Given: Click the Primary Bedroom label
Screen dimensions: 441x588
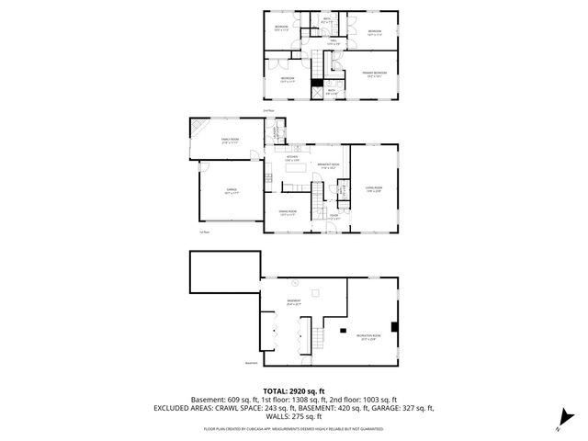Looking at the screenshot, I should click(x=373, y=73).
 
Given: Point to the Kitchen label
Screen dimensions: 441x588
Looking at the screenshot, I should click(x=292, y=158).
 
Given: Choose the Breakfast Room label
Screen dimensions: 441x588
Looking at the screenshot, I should click(x=328, y=165).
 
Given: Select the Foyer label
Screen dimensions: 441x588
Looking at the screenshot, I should click(x=334, y=217).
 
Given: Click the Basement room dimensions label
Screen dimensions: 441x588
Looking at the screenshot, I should click(x=293, y=304).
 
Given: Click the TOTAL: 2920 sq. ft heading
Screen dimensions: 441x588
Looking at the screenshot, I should click(x=293, y=390).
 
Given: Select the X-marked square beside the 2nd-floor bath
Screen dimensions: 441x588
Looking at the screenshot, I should click(x=317, y=91).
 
